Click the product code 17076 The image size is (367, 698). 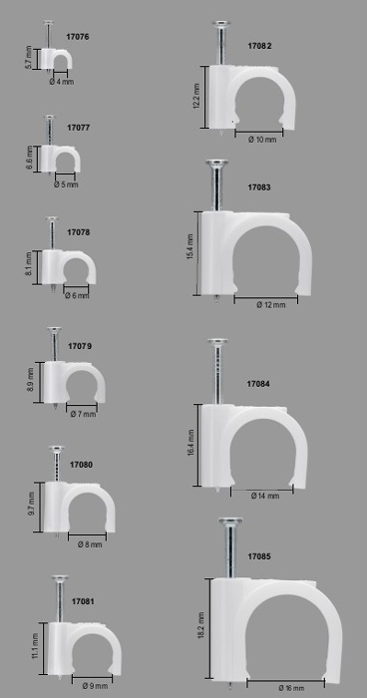pos(78,37)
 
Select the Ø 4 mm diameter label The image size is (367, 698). pos(62,82)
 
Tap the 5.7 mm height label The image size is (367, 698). pos(29,58)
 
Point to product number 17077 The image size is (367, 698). pos(79,128)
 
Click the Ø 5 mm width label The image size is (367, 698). pos(66,184)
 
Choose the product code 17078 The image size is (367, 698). pos(79,232)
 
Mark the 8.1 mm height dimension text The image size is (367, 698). pos(29,264)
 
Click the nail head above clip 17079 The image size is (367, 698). pos(54,330)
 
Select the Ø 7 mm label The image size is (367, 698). pos(84,415)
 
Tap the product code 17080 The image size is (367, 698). pos(81,465)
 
